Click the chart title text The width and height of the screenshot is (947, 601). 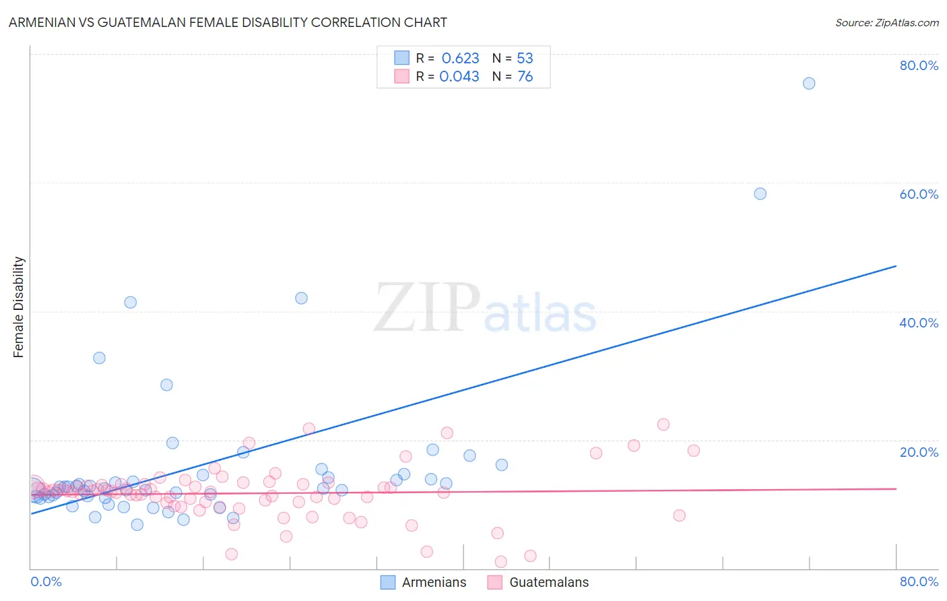click(228, 22)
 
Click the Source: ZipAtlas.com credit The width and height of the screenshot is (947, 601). click(886, 23)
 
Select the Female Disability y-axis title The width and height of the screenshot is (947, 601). click(19, 307)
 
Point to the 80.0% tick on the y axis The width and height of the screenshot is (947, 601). click(919, 65)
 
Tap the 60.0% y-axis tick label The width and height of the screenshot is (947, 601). click(919, 194)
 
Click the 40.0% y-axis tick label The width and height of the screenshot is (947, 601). click(919, 323)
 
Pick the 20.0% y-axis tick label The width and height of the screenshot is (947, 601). click(919, 452)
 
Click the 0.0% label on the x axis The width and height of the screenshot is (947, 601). click(46, 581)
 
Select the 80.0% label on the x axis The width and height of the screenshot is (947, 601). click(919, 581)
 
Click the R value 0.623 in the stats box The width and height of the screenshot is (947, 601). click(461, 59)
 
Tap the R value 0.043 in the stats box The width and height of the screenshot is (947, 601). click(459, 77)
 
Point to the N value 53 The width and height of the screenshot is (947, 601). click(525, 59)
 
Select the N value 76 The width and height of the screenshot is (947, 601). click(525, 77)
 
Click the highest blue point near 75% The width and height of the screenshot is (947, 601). click(809, 84)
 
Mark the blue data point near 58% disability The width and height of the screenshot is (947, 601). click(760, 193)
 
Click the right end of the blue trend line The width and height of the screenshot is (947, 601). click(896, 266)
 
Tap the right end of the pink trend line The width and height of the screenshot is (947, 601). click(896, 488)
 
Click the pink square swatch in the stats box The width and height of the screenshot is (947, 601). click(402, 76)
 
